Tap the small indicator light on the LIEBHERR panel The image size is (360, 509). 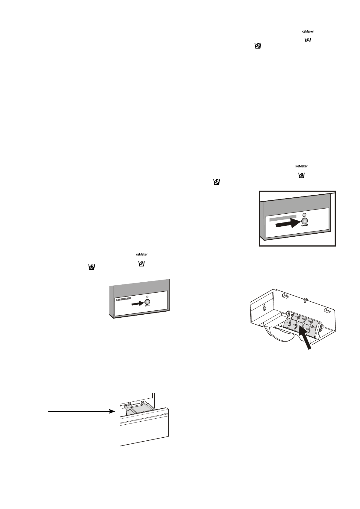147,297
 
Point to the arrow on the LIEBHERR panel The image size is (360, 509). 137,303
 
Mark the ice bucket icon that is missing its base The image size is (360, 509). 308,40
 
